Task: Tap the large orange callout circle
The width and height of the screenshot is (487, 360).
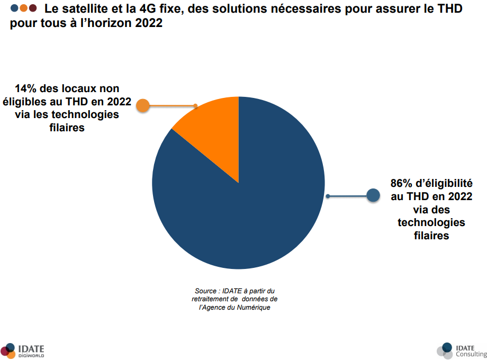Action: click(142, 106)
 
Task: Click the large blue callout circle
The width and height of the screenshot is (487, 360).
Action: click(374, 196)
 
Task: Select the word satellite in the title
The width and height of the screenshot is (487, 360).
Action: click(85, 9)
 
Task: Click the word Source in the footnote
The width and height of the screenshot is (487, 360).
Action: click(206, 291)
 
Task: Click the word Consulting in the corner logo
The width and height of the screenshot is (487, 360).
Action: click(471, 354)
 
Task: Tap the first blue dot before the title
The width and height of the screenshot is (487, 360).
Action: click(14, 8)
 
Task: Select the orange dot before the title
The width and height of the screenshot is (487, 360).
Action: click(23, 8)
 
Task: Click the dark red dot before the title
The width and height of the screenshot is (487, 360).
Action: click(32, 8)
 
